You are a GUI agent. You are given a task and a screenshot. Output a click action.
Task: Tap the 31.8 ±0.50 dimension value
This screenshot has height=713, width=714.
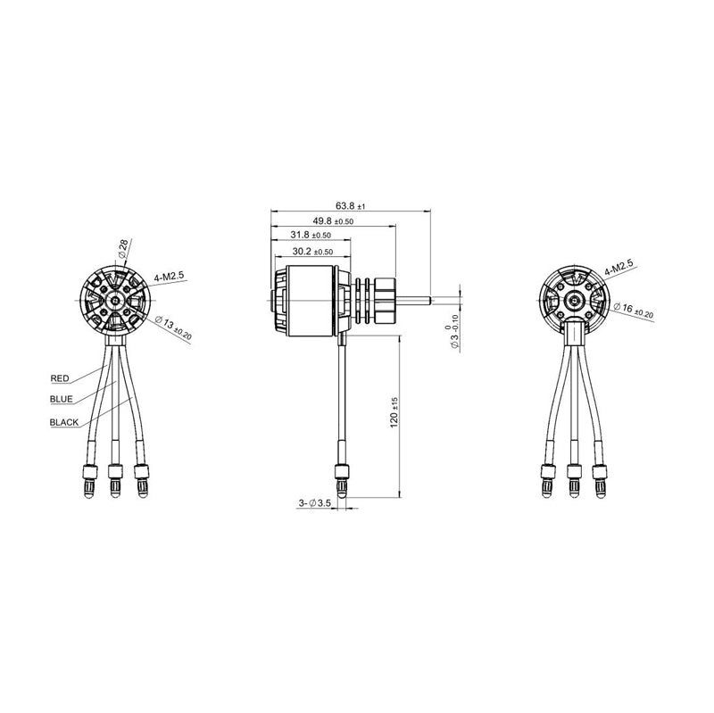point(311,235)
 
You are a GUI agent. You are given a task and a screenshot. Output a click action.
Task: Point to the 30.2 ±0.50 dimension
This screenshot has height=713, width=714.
point(308,251)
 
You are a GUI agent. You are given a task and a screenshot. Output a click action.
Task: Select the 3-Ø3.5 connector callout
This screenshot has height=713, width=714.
point(315,504)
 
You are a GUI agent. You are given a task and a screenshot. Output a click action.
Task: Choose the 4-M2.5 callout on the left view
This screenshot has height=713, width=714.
point(168,277)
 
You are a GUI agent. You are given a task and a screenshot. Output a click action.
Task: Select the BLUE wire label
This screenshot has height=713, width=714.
point(62,399)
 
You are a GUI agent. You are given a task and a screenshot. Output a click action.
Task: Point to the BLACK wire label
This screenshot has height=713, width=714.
point(64,421)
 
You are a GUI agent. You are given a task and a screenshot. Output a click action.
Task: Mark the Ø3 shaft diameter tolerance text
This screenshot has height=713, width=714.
point(453,328)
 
